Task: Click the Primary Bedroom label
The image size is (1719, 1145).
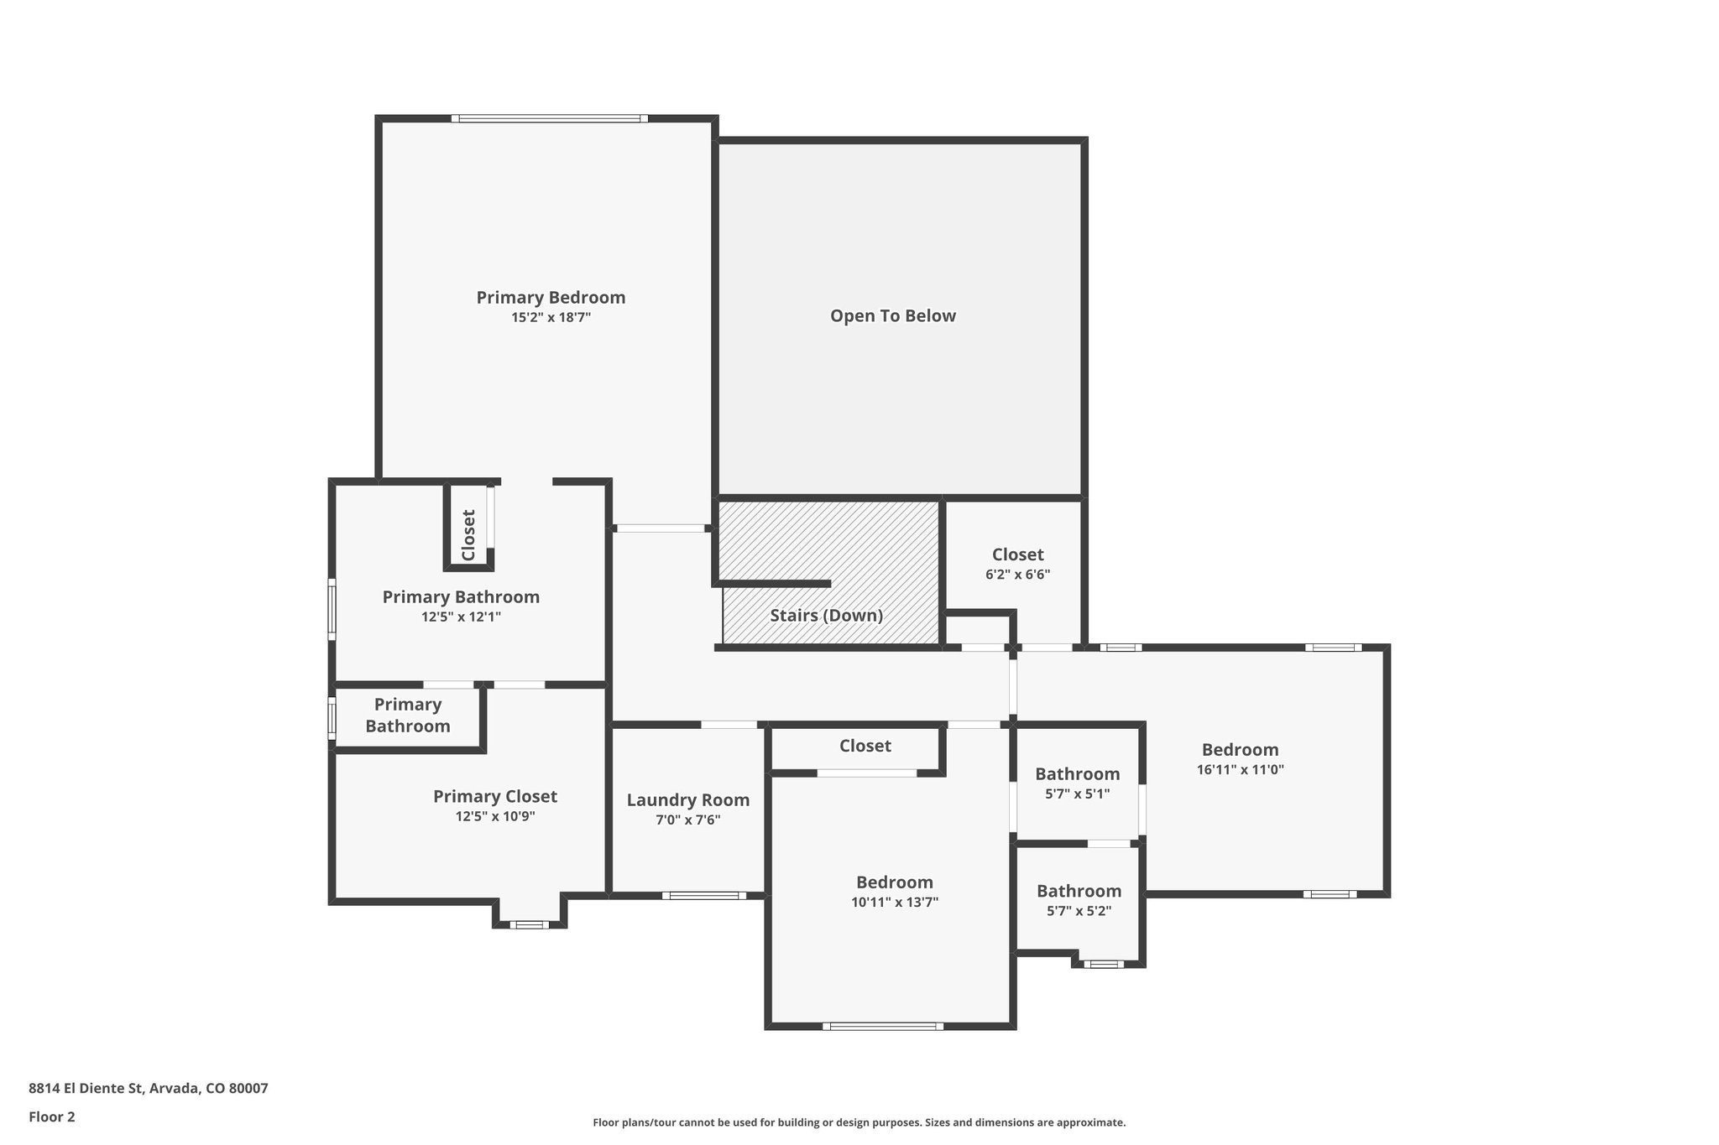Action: click(551, 297)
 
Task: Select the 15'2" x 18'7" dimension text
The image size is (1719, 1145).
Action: click(551, 318)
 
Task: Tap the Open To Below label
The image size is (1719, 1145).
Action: click(893, 316)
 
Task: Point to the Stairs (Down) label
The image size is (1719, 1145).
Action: click(826, 616)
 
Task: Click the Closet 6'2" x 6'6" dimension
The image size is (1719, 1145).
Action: click(1017, 575)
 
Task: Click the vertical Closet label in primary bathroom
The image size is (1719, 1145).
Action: click(468, 534)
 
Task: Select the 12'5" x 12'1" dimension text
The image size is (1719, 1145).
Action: click(461, 617)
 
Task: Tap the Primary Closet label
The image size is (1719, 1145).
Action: click(494, 796)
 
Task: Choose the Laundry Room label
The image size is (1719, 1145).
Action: click(687, 800)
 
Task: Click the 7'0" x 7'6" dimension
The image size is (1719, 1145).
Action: click(687, 820)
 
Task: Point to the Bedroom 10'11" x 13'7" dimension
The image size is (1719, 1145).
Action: click(894, 903)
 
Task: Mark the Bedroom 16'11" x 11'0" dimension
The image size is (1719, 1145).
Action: click(1240, 769)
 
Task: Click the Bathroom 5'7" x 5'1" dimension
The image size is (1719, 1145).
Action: click(1077, 794)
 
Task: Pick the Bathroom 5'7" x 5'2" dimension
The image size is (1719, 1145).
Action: click(1079, 911)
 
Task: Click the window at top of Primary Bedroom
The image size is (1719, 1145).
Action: click(550, 118)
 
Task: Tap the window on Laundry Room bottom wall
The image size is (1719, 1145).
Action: click(703, 896)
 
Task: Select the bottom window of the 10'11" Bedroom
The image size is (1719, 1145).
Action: click(882, 1026)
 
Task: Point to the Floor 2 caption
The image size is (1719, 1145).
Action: click(52, 1116)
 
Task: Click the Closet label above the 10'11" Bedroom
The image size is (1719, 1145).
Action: click(865, 746)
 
